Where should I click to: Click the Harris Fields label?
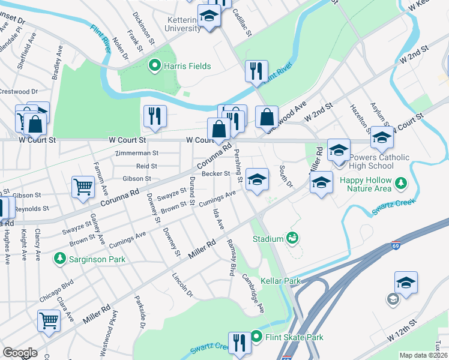click(187, 65)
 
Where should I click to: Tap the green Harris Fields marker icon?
click(154, 65)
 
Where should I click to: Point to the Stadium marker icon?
click(292, 238)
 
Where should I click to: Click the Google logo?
click(20, 353)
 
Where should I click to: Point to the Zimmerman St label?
click(138, 154)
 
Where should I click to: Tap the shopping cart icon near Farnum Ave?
click(83, 187)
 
